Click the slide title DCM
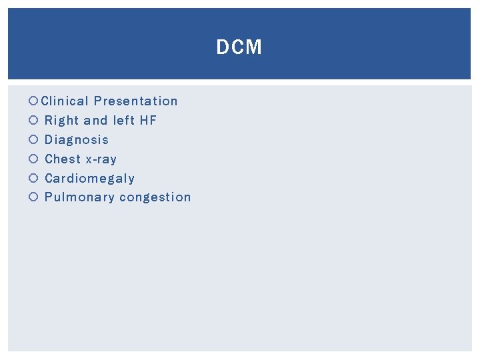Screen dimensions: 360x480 pos(239,47)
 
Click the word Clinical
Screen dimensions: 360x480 pos(65,101)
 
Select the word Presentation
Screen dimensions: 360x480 pos(136,101)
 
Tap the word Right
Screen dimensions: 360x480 pos(61,121)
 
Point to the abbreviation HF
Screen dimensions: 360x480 pos(148,121)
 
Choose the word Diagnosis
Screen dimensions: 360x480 pos(77,140)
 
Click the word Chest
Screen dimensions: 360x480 pos(62,159)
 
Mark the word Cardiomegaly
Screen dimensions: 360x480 pos(89,179)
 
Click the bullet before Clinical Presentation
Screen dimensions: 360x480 pos(34,102)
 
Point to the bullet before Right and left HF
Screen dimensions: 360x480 pos(34,121)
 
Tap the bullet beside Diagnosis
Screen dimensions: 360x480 pos(34,140)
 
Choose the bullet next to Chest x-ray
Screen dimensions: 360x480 pos(34,159)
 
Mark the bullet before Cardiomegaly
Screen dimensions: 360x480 pos(34,179)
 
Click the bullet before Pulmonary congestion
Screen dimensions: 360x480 pos(34,197)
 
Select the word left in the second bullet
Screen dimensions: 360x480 pos(123,121)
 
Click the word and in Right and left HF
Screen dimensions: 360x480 pos(96,121)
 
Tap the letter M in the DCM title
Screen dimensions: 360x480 pos(253,47)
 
